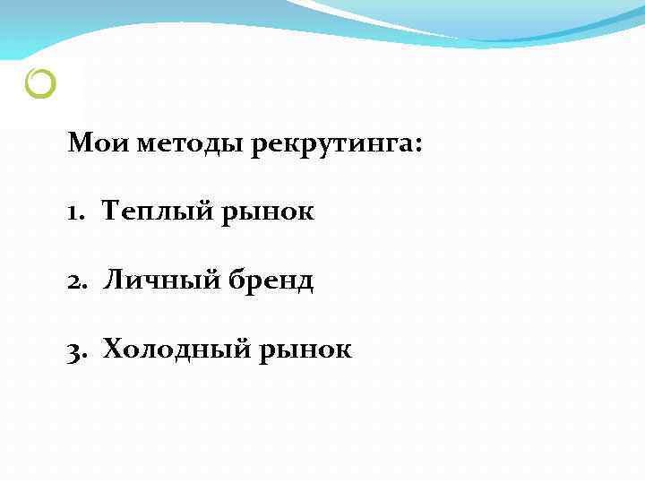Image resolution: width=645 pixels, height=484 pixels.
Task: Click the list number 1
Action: [x=72, y=212]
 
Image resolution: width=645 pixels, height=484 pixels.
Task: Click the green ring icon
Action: [x=41, y=84]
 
